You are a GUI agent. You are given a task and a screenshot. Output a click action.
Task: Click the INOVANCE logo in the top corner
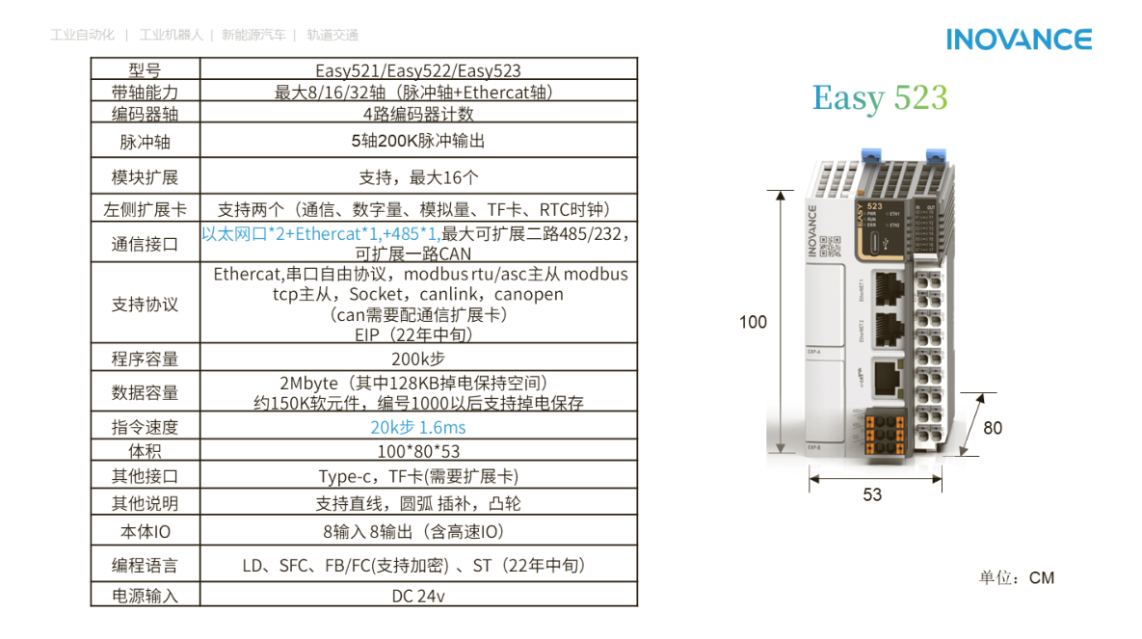1019,39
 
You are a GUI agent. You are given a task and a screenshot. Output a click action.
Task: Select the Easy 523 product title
879,98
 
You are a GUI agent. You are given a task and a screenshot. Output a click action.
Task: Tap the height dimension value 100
753,322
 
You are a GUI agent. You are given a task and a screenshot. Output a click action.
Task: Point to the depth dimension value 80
993,427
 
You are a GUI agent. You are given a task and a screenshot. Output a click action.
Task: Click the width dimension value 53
871,494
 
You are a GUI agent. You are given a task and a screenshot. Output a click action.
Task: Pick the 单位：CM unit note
1017,578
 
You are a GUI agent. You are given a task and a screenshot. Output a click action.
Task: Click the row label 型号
145,70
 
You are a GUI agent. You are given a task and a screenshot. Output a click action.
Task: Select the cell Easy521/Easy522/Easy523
418,70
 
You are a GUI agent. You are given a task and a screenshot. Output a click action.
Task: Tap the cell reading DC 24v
418,596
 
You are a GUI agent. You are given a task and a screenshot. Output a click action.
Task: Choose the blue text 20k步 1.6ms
418,427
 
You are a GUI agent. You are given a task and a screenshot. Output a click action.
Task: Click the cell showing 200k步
418,359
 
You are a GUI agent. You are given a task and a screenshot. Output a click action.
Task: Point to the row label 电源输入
145,596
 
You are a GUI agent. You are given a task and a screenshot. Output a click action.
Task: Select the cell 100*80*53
418,451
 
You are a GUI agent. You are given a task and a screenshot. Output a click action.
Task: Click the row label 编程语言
145,566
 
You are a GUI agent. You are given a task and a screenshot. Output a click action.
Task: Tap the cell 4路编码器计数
418,114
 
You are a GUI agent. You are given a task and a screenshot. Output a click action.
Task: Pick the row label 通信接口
145,244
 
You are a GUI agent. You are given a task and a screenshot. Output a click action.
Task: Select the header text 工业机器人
171,36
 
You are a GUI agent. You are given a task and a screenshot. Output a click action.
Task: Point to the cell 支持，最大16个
418,177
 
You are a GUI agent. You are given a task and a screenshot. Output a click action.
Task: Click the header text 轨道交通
332,36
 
